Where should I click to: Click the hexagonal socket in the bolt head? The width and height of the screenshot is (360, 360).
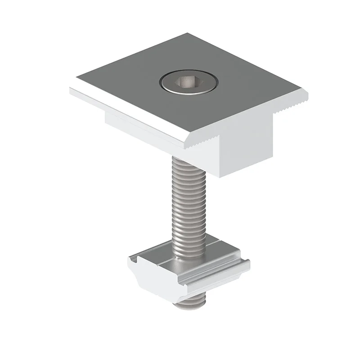pos(188,82)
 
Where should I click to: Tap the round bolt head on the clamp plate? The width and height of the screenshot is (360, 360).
pos(189,82)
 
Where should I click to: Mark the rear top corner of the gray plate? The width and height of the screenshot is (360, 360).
pos(187,34)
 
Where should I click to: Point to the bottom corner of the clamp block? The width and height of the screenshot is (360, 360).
pos(219,176)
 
